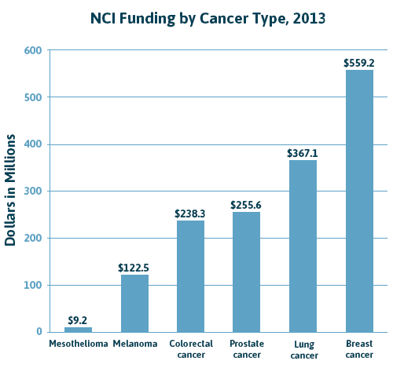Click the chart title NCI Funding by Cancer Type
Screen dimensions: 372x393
coord(196,18)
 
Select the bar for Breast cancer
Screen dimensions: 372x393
coord(359,200)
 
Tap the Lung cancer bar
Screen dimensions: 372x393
coord(303,246)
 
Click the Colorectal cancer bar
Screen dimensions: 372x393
coord(190,275)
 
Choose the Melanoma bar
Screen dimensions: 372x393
coord(134,303)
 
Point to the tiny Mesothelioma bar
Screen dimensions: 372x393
coord(78,329)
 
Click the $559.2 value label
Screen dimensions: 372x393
coord(359,63)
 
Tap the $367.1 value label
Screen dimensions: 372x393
coord(303,153)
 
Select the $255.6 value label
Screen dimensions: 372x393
coord(247,205)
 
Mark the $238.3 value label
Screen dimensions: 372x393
coord(190,213)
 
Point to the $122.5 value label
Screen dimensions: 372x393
coord(134,268)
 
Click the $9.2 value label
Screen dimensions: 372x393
coord(78,320)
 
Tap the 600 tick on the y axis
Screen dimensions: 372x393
coord(35,51)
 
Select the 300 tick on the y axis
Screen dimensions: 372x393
coord(35,191)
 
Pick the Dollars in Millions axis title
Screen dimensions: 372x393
coord(11,191)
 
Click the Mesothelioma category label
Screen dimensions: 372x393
coord(78,344)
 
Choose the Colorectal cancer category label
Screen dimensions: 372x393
coord(190,349)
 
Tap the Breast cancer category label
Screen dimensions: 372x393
coord(359,349)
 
